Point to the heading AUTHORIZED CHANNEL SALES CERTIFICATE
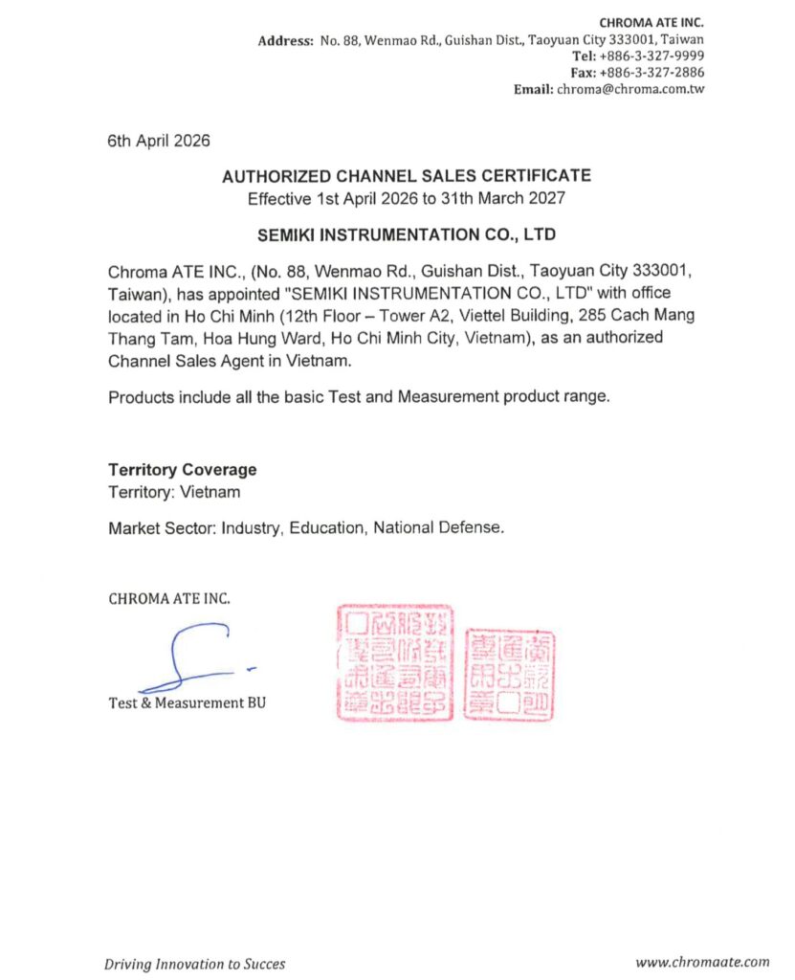pos(407,176)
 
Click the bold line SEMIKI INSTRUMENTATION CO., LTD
pos(407,234)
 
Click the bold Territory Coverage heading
pos(182,470)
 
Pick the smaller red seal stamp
pos(508,674)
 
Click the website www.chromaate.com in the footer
pos(702,962)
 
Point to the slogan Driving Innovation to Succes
pos(194,964)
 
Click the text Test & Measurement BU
pos(188,703)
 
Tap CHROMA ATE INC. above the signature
pos(169,599)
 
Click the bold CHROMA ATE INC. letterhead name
pos(651,22)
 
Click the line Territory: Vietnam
pos(174,493)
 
